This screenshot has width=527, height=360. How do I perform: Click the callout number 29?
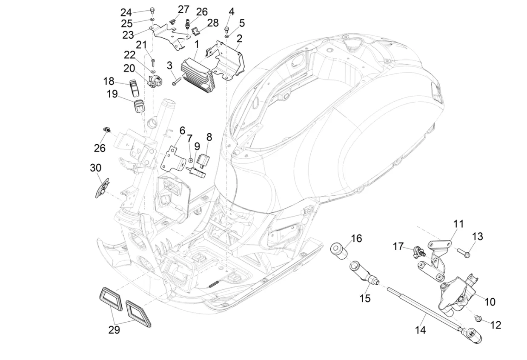tap(114, 330)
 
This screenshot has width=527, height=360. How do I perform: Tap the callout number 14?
tap(420, 330)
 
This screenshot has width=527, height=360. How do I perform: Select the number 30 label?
tap(96, 168)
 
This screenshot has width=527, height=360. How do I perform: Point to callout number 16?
tap(356, 238)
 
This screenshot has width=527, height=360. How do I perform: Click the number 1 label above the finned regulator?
tap(196, 45)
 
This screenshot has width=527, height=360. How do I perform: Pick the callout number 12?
tap(495, 325)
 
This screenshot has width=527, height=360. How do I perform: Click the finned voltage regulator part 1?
tap(196, 75)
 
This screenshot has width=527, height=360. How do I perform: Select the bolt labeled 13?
tap(464, 253)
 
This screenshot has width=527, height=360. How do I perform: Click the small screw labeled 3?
tap(176, 81)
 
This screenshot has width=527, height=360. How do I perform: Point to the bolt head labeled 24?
tap(152, 10)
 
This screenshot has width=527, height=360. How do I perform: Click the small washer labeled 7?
tap(191, 160)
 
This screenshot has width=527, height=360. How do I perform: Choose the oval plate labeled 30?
tap(102, 188)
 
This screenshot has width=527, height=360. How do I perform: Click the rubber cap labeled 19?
tap(139, 107)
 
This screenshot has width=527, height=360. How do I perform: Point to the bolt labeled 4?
tap(227, 29)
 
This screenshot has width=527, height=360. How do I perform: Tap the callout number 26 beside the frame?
tap(100, 148)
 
